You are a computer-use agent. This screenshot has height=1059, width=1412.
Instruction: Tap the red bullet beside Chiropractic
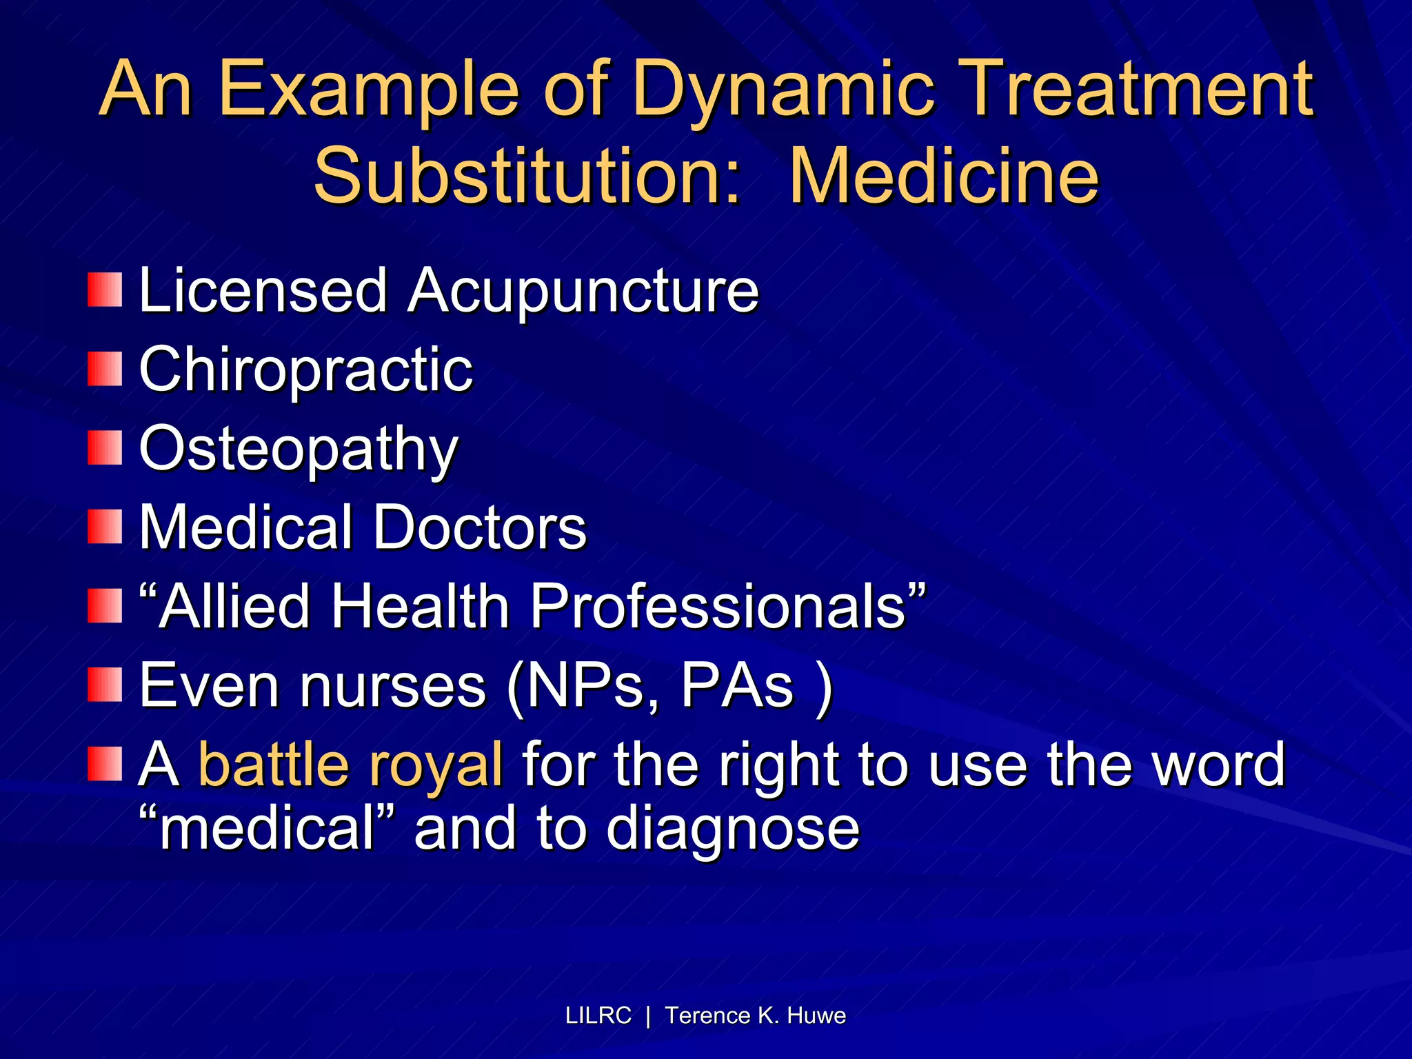click(x=105, y=369)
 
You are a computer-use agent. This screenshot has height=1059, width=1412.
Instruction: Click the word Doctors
click(x=480, y=527)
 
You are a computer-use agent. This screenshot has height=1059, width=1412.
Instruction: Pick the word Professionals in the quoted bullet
click(x=718, y=606)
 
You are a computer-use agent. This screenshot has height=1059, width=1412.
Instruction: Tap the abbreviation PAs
click(x=737, y=686)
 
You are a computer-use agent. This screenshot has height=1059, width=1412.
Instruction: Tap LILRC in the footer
click(x=598, y=1016)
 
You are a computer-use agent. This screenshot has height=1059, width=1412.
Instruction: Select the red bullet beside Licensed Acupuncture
click(x=105, y=290)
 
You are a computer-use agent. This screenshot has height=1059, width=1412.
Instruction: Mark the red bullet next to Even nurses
click(x=105, y=685)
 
